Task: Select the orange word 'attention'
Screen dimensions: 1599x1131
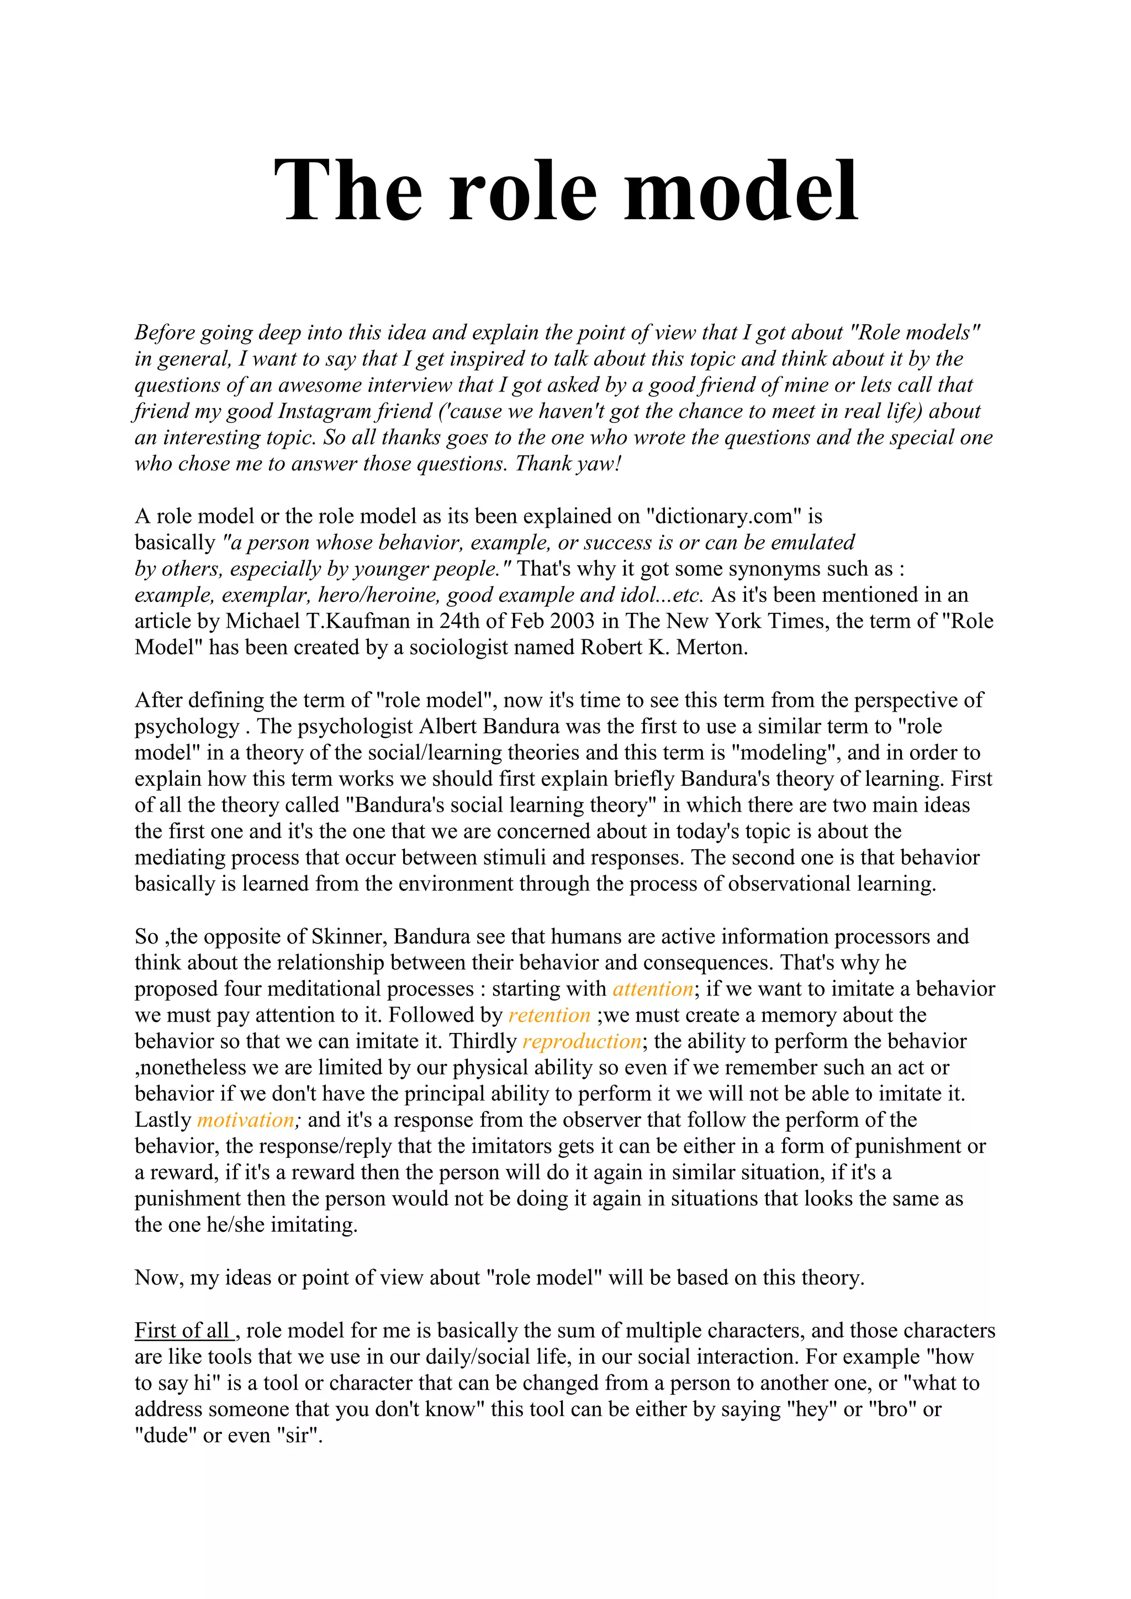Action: pyautogui.click(x=653, y=989)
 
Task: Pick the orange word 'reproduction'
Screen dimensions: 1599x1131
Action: pyautogui.click(x=582, y=1041)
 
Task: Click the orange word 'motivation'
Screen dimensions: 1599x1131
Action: pyautogui.click(x=246, y=1120)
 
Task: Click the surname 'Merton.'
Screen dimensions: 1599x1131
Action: pyautogui.click(x=712, y=647)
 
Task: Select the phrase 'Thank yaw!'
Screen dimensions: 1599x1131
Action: pyautogui.click(x=568, y=464)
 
